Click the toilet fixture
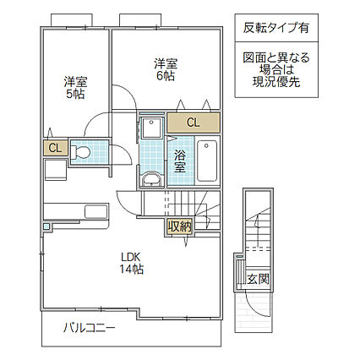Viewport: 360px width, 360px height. pyautogui.click(x=82, y=152)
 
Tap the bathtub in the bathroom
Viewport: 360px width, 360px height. pyautogui.click(x=207, y=160)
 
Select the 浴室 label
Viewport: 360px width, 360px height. pyautogui.click(x=181, y=161)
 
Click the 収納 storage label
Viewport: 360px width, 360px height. pyautogui.click(x=179, y=226)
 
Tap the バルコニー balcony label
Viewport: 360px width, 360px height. pyautogui.click(x=89, y=328)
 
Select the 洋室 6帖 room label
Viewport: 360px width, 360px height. pyautogui.click(x=166, y=69)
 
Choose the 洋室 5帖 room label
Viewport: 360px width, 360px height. pyautogui.click(x=76, y=88)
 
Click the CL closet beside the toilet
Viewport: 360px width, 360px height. pyautogui.click(x=55, y=148)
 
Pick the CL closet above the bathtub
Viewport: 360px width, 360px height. pyautogui.click(x=193, y=123)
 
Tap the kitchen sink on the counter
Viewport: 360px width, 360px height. pyautogui.click(x=95, y=210)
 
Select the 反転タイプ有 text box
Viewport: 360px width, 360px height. pyautogui.click(x=275, y=27)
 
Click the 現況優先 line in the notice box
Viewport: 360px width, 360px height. pyautogui.click(x=275, y=83)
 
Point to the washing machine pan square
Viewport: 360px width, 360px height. pyautogui.click(x=152, y=126)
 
